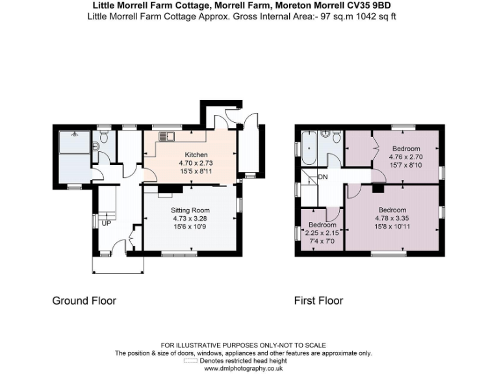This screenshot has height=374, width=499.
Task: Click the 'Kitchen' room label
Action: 193,155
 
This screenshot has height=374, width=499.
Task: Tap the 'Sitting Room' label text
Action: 190,210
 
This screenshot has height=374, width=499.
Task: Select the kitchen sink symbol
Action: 164,136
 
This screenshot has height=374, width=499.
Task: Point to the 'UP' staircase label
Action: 105,223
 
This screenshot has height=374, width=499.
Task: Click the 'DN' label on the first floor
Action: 323,177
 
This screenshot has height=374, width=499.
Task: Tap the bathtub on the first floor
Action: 308,148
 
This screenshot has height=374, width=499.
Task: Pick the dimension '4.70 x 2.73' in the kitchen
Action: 193,163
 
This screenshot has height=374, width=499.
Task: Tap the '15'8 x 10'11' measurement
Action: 392,227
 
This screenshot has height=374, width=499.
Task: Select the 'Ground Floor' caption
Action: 84,301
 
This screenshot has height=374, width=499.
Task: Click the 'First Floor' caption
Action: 318,301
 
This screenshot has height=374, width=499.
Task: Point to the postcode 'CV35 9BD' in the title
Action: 369,6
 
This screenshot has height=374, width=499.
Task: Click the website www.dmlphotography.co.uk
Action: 243,368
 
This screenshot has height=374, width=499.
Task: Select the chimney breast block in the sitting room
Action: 164,190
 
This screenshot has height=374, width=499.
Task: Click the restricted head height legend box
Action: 190,360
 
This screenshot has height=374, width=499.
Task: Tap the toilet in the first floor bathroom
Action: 335,137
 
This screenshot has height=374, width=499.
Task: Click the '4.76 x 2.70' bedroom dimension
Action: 405,156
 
